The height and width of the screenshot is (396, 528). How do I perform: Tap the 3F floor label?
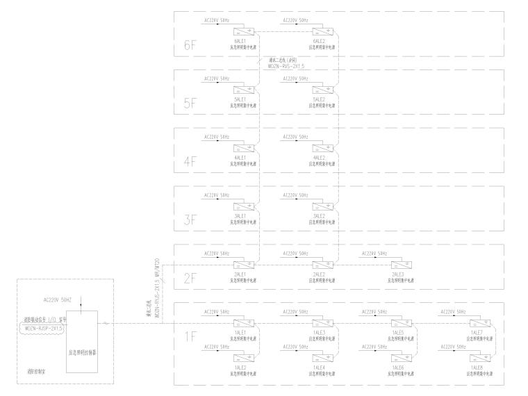(x=191, y=221)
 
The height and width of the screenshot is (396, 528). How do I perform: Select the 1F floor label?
(x=191, y=337)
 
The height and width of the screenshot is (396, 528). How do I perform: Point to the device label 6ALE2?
(x=320, y=41)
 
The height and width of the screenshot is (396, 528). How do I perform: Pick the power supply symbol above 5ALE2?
(x=320, y=89)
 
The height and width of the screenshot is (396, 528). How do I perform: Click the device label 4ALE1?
(x=242, y=157)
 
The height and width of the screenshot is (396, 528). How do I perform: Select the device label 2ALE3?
(x=398, y=274)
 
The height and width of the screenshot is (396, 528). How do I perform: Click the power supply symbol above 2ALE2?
(x=320, y=264)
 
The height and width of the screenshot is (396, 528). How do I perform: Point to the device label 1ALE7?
(x=477, y=332)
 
